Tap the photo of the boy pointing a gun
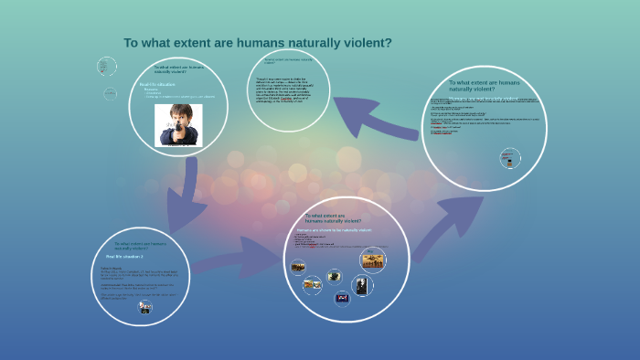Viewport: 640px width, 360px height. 178,124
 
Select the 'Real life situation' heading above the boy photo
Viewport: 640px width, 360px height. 158,84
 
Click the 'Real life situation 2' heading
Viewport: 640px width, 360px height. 124,258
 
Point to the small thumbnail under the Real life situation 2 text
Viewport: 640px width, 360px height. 144,307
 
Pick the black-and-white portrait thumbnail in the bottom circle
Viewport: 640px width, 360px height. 362,285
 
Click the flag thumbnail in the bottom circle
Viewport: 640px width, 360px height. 342,298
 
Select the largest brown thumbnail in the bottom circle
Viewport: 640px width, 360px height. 373,260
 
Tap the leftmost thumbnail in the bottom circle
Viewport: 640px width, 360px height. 298,268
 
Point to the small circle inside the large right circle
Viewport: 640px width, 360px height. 510,158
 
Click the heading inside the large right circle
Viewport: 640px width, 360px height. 484,86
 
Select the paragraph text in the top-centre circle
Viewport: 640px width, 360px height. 289,91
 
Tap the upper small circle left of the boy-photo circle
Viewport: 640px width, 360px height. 107,66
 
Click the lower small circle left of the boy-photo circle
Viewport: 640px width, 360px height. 110,93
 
